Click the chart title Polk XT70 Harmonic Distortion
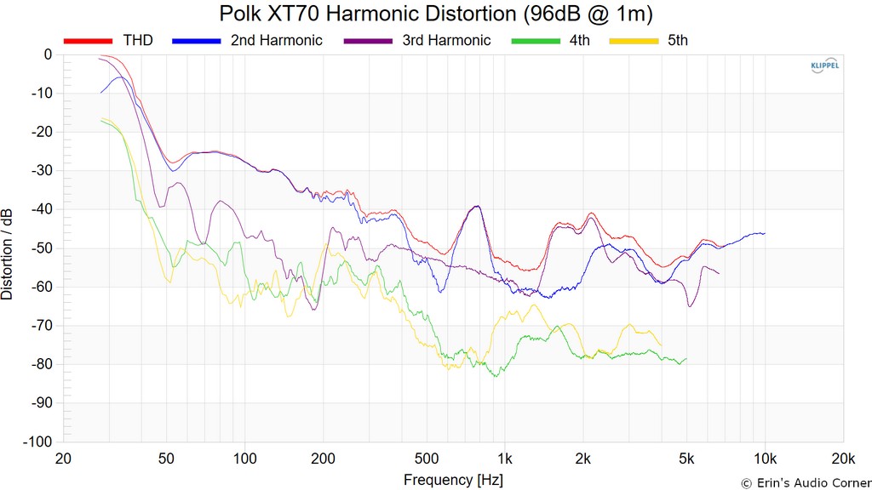(436, 14)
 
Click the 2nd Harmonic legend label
(276, 40)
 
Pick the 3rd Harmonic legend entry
(446, 40)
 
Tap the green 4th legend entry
(579, 40)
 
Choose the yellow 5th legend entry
(678, 40)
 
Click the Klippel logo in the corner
(823, 69)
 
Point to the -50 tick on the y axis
(41, 248)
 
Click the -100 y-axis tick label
(37, 442)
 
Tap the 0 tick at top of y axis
(48, 54)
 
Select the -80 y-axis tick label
(41, 364)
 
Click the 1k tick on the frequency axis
(505, 459)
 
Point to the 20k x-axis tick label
(843, 459)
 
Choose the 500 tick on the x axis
(427, 459)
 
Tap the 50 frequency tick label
(166, 459)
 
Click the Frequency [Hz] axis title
(453, 480)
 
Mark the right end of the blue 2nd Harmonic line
(765, 233)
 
